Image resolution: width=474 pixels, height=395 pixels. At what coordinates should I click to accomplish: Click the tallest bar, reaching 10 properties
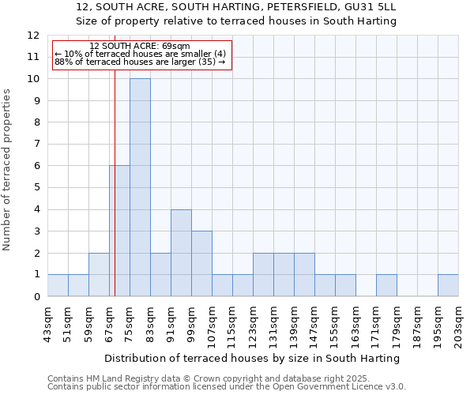point(140,187)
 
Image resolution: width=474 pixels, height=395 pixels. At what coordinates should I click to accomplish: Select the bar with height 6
point(119,231)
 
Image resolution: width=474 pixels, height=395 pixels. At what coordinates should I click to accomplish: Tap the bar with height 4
point(181,253)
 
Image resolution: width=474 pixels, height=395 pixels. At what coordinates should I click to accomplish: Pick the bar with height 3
point(201,264)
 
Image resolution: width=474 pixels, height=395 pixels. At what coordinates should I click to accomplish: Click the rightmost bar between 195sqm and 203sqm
point(448,285)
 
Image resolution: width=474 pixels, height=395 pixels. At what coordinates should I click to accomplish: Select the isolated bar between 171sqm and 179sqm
point(386,285)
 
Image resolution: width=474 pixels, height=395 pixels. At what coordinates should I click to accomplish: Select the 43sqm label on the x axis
point(47,322)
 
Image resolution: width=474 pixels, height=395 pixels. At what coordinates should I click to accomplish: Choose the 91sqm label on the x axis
point(171,322)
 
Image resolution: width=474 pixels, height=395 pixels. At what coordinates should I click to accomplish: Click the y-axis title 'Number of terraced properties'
point(7,170)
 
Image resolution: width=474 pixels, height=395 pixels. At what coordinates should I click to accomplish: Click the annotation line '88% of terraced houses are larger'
point(139,62)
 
